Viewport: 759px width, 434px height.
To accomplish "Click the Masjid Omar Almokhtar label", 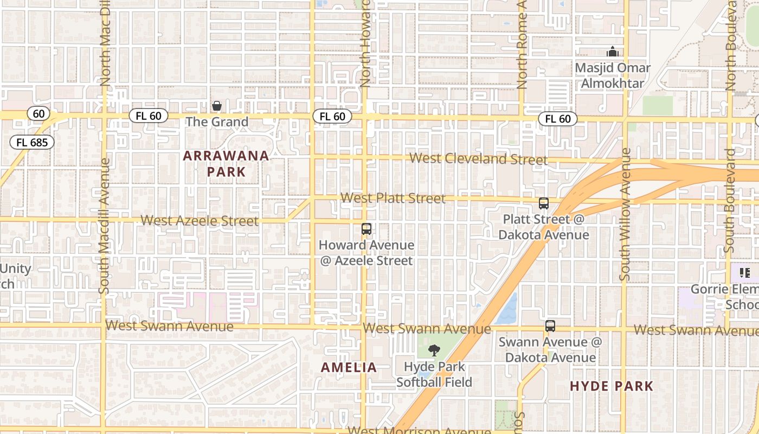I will click(x=613, y=75).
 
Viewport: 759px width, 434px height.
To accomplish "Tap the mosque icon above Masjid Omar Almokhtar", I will click(x=613, y=52).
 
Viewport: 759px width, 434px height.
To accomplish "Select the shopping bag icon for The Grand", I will click(x=217, y=105).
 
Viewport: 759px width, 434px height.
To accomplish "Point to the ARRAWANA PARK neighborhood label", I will click(x=226, y=164).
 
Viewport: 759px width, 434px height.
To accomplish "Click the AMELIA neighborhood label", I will click(x=349, y=367).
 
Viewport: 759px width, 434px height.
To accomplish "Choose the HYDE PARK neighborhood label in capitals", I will click(x=612, y=386).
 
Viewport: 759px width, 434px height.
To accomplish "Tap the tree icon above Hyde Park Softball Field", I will click(x=434, y=350).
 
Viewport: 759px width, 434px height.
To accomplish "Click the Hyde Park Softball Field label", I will click(x=434, y=374).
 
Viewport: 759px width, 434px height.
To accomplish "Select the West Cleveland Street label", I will click(x=478, y=159).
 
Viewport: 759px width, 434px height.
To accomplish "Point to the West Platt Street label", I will click(x=393, y=198).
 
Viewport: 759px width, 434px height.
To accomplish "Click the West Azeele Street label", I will click(x=200, y=221).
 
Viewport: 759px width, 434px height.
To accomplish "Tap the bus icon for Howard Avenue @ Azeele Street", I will click(x=366, y=229).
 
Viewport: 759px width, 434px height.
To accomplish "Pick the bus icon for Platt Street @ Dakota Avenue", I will click(x=544, y=203).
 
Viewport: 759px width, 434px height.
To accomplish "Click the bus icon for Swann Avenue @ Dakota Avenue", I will click(x=550, y=326).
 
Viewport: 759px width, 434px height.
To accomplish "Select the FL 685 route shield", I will click(x=32, y=143).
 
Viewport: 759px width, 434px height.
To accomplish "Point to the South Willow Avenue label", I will click(x=626, y=214).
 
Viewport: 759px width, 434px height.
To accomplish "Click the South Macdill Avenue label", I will click(x=105, y=226).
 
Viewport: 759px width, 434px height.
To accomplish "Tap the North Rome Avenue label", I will click(x=522, y=43).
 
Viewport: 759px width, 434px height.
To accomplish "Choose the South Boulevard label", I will click(x=729, y=201).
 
